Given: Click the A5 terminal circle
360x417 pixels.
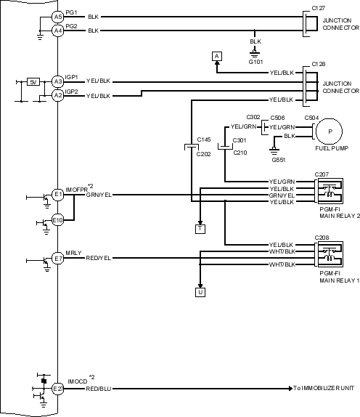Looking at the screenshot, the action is (x=57, y=17).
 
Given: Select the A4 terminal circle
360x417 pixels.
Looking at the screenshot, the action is (x=57, y=31).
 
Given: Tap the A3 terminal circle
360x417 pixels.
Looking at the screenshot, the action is (x=57, y=81).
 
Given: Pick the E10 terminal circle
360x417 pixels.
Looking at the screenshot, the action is (x=57, y=220).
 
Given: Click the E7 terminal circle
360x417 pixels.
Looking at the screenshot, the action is (x=57, y=259).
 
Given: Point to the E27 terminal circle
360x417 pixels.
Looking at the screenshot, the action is (x=57, y=389).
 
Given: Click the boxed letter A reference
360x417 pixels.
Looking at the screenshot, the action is (x=217, y=57).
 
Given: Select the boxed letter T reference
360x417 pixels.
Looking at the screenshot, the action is (x=200, y=229).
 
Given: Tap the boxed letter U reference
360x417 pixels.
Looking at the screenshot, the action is (x=200, y=292).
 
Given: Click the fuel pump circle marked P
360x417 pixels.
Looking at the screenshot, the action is (x=330, y=131).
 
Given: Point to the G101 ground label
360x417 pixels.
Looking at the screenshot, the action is (x=255, y=62).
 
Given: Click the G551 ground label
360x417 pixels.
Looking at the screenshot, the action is (x=279, y=160).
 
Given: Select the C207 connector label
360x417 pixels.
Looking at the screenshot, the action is (x=322, y=174).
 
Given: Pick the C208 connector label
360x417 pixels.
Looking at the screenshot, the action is (x=322, y=238).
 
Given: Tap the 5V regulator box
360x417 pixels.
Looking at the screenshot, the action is (x=33, y=82).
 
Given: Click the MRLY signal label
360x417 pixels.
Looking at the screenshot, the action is (x=73, y=253).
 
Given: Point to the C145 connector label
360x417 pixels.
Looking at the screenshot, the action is (x=204, y=139).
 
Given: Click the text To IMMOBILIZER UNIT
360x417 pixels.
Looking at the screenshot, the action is (x=324, y=388).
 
